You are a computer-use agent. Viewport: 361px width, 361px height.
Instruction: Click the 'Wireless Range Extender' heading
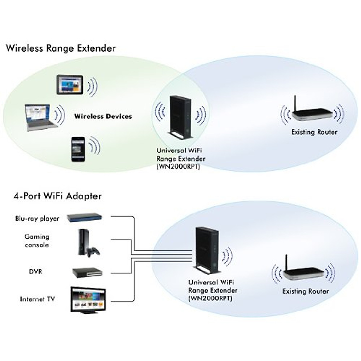tap(60, 48)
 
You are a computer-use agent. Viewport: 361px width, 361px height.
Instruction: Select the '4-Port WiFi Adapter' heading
tap(57, 196)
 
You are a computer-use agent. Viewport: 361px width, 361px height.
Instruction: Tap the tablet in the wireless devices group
tap(69, 85)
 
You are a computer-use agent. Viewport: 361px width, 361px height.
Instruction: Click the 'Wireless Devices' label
tap(103, 116)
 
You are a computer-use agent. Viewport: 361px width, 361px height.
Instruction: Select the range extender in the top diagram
tap(180, 117)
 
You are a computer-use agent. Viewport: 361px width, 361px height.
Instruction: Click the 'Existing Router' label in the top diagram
tap(314, 132)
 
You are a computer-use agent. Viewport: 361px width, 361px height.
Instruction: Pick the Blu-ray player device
tap(84, 218)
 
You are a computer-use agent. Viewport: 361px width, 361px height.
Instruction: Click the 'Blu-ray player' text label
tap(37, 218)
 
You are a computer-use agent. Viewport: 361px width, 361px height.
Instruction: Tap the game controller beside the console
tap(93, 252)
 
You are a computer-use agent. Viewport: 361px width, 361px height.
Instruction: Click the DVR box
tap(87, 272)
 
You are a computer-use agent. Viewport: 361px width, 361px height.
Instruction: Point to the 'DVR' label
tap(35, 272)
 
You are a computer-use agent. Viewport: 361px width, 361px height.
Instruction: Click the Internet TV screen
tap(88, 299)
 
